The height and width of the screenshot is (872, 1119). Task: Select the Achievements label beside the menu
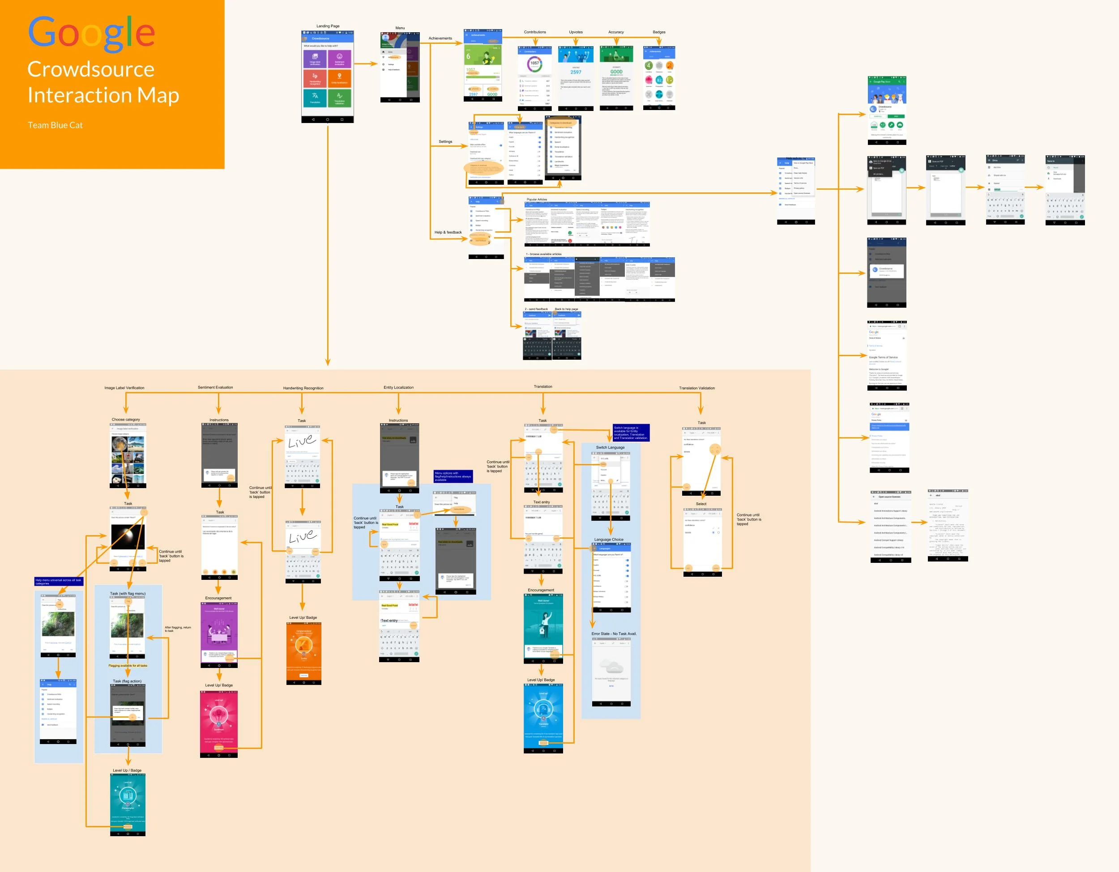click(440, 38)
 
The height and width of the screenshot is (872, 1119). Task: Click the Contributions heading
click(534, 32)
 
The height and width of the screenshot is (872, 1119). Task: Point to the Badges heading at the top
click(658, 32)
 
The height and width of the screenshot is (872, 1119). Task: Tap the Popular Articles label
click(536, 200)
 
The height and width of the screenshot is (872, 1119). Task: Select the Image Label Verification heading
click(124, 388)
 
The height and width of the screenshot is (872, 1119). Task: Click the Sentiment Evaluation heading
click(215, 387)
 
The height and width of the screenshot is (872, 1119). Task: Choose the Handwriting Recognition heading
click(303, 388)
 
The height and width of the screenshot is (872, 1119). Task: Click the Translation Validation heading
click(696, 388)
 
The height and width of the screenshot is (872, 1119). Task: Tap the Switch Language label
click(610, 447)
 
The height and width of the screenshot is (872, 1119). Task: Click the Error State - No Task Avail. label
click(613, 634)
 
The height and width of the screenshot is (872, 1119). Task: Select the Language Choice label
click(608, 540)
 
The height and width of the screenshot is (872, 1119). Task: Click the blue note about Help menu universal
click(58, 582)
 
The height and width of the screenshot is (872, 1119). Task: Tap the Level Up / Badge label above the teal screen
click(127, 770)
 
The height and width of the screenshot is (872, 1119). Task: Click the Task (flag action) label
click(127, 681)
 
